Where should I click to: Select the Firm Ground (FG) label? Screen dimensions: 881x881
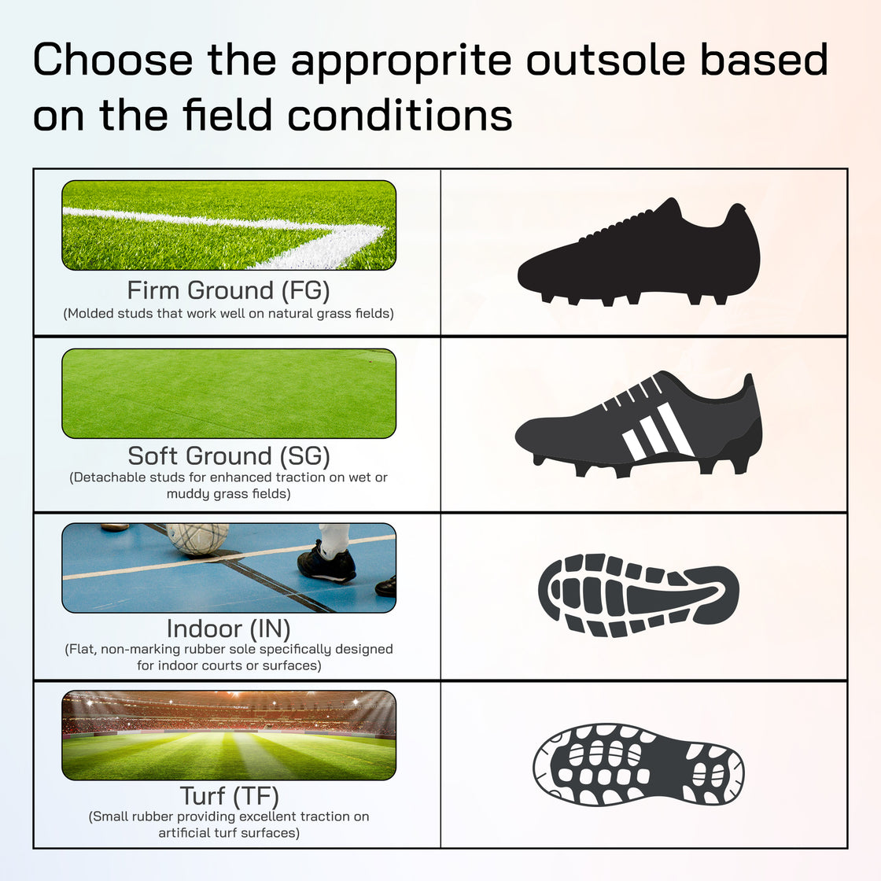pos(228,290)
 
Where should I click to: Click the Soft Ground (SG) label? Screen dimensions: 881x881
pos(228,455)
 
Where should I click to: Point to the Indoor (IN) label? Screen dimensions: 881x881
pos(228,628)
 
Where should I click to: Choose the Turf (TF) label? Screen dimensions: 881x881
pos(229,796)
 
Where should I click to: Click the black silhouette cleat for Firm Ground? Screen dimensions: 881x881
pos(639,252)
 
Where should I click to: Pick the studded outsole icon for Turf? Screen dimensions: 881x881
pos(638,765)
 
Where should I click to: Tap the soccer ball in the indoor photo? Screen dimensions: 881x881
pos(197,538)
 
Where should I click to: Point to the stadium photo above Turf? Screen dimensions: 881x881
pos(228,735)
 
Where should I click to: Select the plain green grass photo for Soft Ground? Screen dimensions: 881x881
pos(228,393)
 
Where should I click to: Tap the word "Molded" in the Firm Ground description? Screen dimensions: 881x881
pos(91,313)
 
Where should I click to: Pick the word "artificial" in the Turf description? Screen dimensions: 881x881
pos(185,832)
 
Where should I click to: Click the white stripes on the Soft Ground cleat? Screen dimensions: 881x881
pos(658,431)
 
